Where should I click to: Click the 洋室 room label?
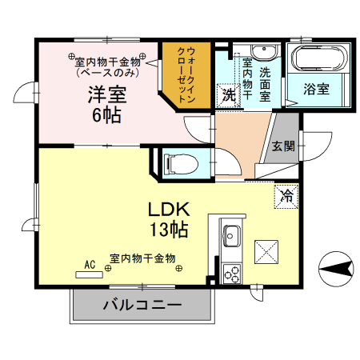tap(106, 93)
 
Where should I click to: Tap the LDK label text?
tap(168, 210)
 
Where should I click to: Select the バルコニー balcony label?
tap(142, 304)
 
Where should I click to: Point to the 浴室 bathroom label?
tap(317, 90)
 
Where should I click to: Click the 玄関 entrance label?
tap(282, 146)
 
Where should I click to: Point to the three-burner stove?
tap(233, 273)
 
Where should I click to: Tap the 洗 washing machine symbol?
tap(229, 94)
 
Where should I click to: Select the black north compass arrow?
tap(336, 267)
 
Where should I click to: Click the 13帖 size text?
tap(168, 230)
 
